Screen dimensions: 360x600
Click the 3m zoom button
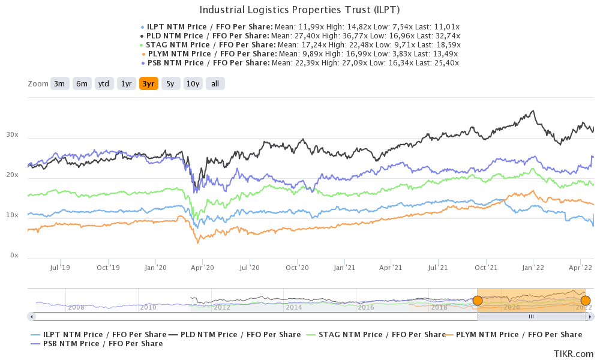tap(59, 84)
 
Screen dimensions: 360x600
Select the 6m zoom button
tap(82, 84)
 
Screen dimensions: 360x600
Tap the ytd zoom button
tap(104, 84)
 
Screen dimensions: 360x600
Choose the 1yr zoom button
tap(126, 84)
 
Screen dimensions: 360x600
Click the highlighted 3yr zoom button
tap(148, 84)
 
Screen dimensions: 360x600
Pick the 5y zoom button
tap(170, 84)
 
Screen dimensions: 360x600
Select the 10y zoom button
tap(193, 84)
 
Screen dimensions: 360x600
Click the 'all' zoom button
tap(215, 84)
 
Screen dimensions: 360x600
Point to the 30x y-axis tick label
tap(13, 136)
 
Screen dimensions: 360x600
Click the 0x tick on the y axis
tap(14, 256)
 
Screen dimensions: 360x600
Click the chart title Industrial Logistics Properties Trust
tap(299, 10)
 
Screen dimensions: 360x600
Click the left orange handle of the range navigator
tap(478, 300)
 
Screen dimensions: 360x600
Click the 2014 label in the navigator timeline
tap(294, 307)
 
